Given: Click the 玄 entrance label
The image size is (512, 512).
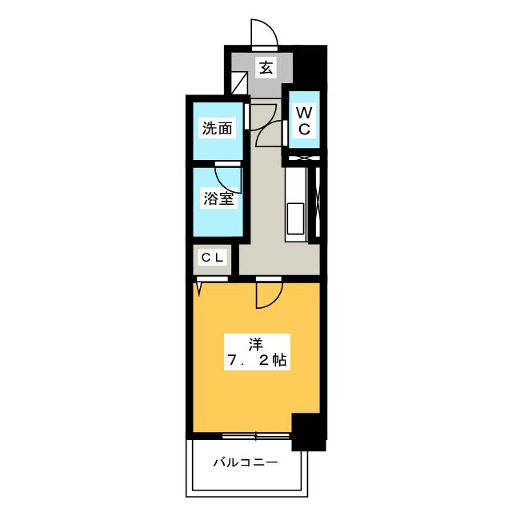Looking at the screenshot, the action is click(x=266, y=67).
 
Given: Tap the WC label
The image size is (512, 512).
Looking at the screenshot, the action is click(x=304, y=121).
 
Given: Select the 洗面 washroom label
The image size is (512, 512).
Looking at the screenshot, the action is click(x=218, y=128).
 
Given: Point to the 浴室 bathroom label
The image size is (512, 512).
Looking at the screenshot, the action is click(x=218, y=198).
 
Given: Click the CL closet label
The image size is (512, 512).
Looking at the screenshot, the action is click(x=213, y=258).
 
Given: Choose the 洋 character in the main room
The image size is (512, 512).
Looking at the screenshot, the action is click(x=256, y=345).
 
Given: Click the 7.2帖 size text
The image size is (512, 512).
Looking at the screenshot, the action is click(x=257, y=361).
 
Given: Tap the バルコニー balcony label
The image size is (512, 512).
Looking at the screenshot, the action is click(x=246, y=462).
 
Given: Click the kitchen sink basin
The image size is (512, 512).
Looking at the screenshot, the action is click(x=295, y=218).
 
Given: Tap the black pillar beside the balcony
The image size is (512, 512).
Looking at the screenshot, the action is click(x=309, y=432).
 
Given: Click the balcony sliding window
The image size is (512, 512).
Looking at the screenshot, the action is click(x=256, y=436).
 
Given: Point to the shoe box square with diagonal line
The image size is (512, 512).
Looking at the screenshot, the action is click(x=239, y=83).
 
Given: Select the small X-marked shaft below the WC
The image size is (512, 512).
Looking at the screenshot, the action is click(x=304, y=158).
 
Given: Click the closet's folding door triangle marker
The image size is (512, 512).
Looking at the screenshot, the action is click(x=199, y=286).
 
